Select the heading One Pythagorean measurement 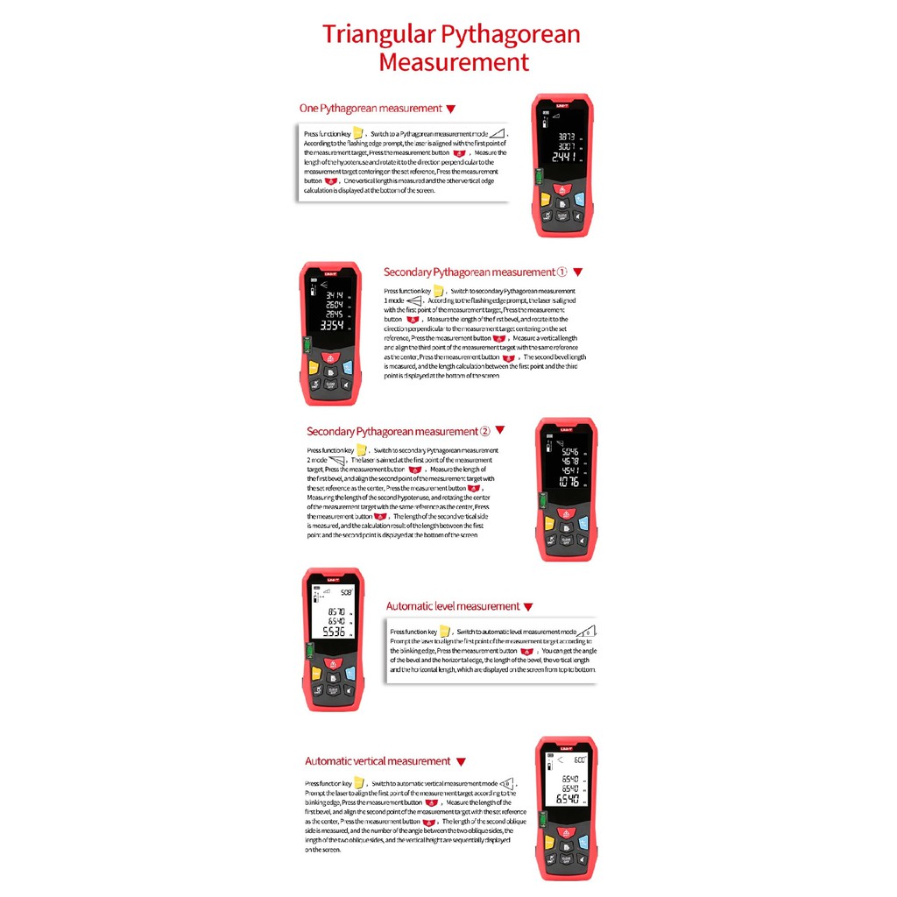click(x=371, y=109)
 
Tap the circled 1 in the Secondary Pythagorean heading click(x=562, y=272)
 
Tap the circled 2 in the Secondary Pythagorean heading click(x=484, y=432)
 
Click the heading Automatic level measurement click(x=453, y=606)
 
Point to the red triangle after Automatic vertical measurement click(x=461, y=762)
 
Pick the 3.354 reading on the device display click(x=331, y=325)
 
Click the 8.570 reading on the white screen click(x=335, y=611)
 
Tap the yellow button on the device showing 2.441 click(x=544, y=198)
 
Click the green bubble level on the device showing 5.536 click(x=307, y=649)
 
